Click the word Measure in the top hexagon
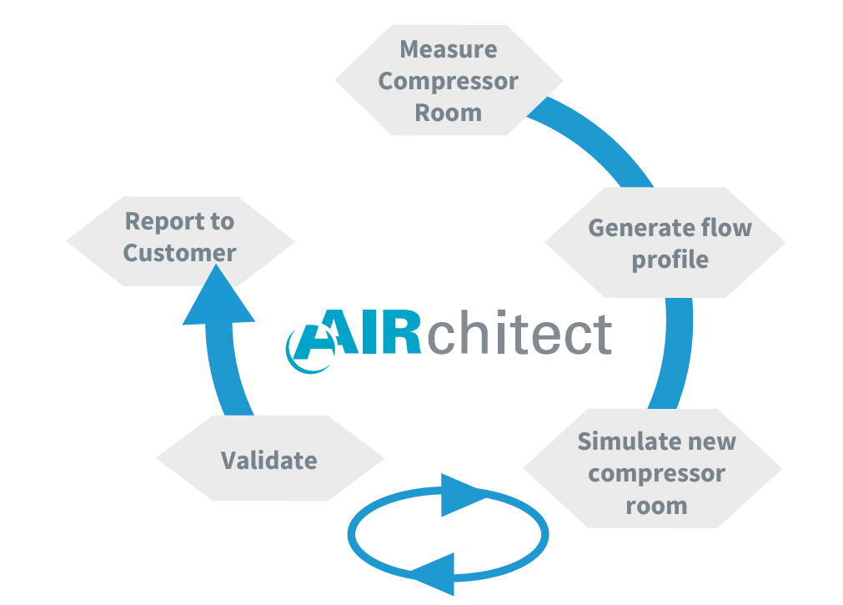coord(449,49)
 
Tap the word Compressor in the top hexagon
coord(449,81)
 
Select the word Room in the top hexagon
coord(449,113)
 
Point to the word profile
coord(670,260)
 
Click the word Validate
coord(269,460)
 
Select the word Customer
coord(179,253)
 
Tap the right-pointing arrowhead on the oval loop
coord(464,494)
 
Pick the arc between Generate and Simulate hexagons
coord(674,350)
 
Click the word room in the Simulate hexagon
coord(656,506)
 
